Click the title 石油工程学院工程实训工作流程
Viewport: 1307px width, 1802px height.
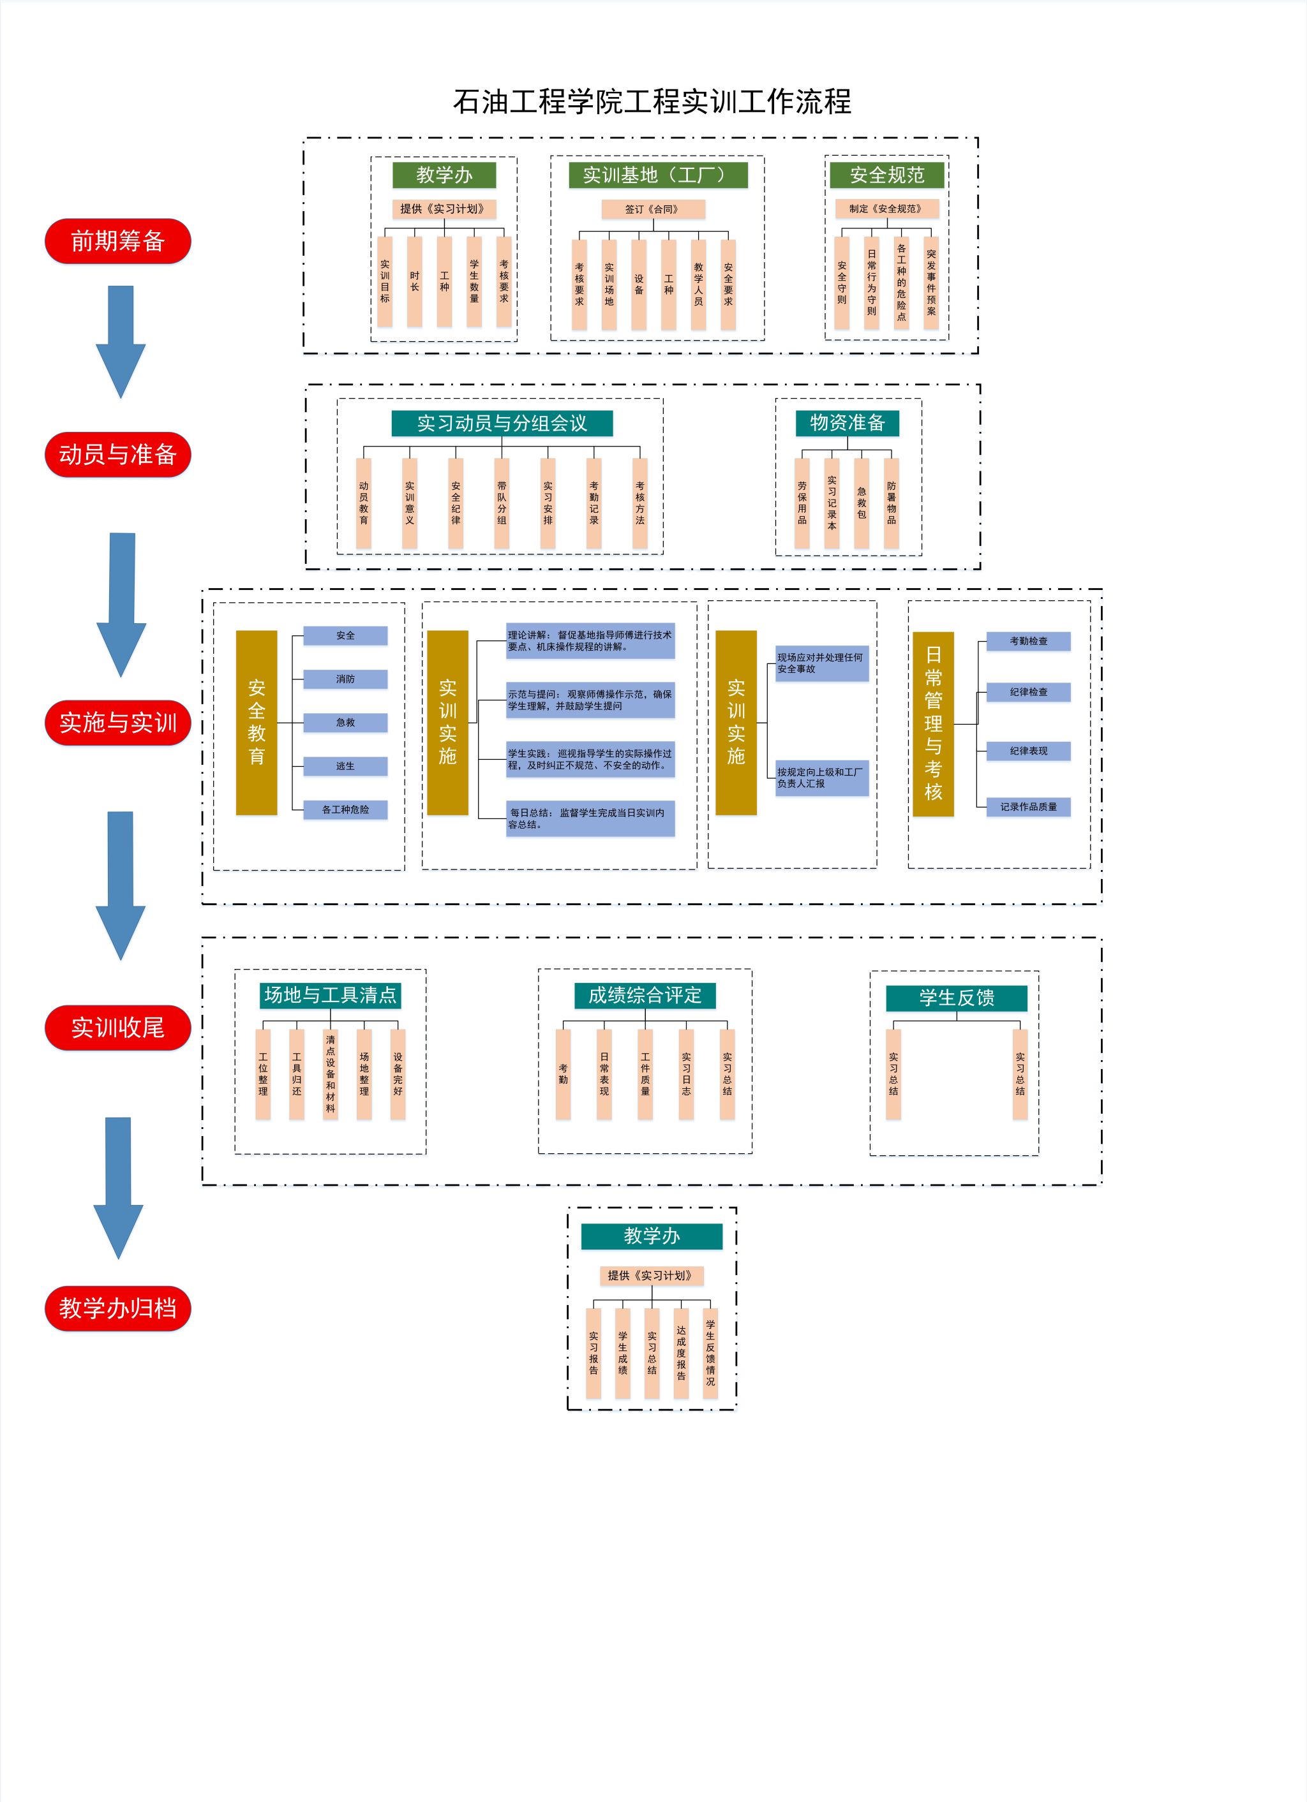(x=652, y=101)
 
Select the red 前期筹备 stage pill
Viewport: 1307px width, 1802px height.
(x=117, y=240)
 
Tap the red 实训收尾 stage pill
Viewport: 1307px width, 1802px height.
(x=117, y=1028)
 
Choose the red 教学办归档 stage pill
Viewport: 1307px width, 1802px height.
(x=117, y=1308)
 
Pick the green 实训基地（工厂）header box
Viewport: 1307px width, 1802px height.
(x=657, y=175)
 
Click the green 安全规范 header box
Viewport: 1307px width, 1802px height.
(x=886, y=175)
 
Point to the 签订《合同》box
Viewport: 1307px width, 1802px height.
(x=653, y=209)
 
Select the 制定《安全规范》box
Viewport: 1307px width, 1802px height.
(x=886, y=209)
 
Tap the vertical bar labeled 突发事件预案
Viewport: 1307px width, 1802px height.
(x=931, y=282)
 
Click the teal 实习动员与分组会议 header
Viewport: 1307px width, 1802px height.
(x=502, y=423)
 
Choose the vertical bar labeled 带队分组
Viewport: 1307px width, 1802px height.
(x=502, y=502)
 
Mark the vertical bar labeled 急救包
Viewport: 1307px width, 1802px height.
(x=861, y=502)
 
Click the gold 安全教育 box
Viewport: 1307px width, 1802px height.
(x=256, y=722)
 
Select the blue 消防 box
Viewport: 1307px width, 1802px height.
(x=345, y=679)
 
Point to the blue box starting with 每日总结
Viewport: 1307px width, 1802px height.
(x=590, y=818)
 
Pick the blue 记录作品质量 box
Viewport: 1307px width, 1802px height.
(x=1028, y=806)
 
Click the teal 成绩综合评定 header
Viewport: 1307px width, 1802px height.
(x=645, y=994)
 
